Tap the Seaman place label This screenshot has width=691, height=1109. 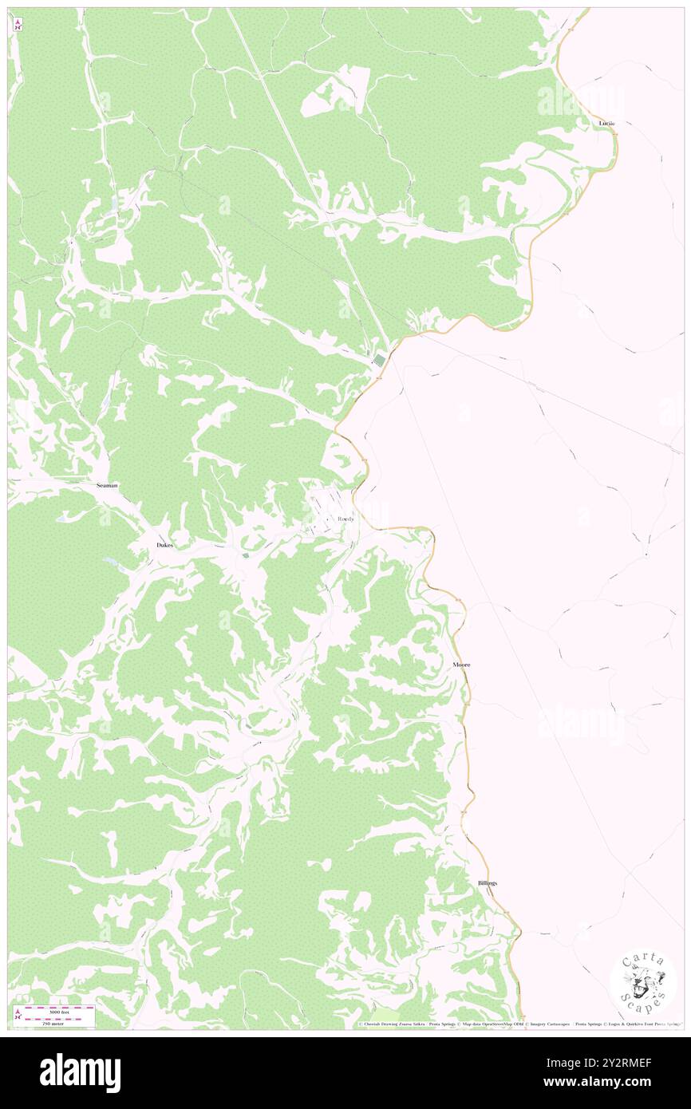point(107,485)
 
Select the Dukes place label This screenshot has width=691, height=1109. point(164,545)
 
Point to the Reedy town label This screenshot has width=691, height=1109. point(345,519)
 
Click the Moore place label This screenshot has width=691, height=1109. point(460,665)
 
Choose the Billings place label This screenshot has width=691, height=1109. point(488,883)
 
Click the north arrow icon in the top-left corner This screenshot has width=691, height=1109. point(18,25)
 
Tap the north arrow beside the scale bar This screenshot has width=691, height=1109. point(18,1014)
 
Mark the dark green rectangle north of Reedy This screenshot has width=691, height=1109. point(380,361)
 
